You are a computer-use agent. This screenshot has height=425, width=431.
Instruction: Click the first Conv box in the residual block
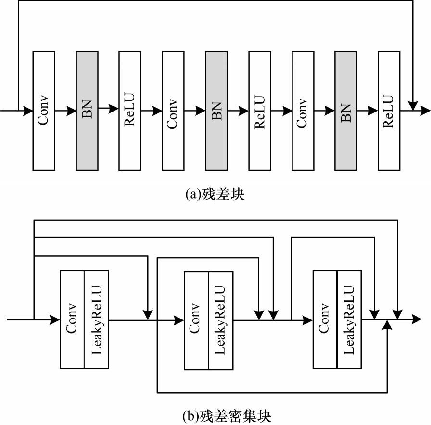44,110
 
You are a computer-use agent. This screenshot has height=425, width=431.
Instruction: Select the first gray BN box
87,110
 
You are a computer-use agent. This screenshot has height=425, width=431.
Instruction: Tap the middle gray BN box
216,110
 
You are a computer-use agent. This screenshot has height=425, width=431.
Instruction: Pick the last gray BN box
346,110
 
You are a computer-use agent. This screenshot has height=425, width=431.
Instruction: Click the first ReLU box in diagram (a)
130,110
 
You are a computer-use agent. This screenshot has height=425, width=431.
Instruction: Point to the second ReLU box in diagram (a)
260,110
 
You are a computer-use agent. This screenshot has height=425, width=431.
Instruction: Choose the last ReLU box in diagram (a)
389,110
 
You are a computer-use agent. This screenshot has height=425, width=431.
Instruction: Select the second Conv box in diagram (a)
173,110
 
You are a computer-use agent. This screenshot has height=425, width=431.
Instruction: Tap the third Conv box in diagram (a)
303,110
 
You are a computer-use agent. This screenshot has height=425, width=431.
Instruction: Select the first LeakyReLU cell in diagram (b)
97,319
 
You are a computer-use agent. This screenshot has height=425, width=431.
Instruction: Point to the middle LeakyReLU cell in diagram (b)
220,320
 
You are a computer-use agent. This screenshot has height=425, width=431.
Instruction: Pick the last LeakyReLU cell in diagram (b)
349,320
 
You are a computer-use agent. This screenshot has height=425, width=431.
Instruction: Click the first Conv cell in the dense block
72,319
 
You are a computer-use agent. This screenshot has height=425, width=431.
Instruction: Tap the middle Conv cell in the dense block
196,320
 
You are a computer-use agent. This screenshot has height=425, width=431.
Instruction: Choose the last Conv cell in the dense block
325,320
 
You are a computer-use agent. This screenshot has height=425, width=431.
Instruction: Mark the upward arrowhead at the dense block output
387,325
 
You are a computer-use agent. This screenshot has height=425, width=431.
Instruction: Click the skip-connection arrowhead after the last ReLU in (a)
412,104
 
